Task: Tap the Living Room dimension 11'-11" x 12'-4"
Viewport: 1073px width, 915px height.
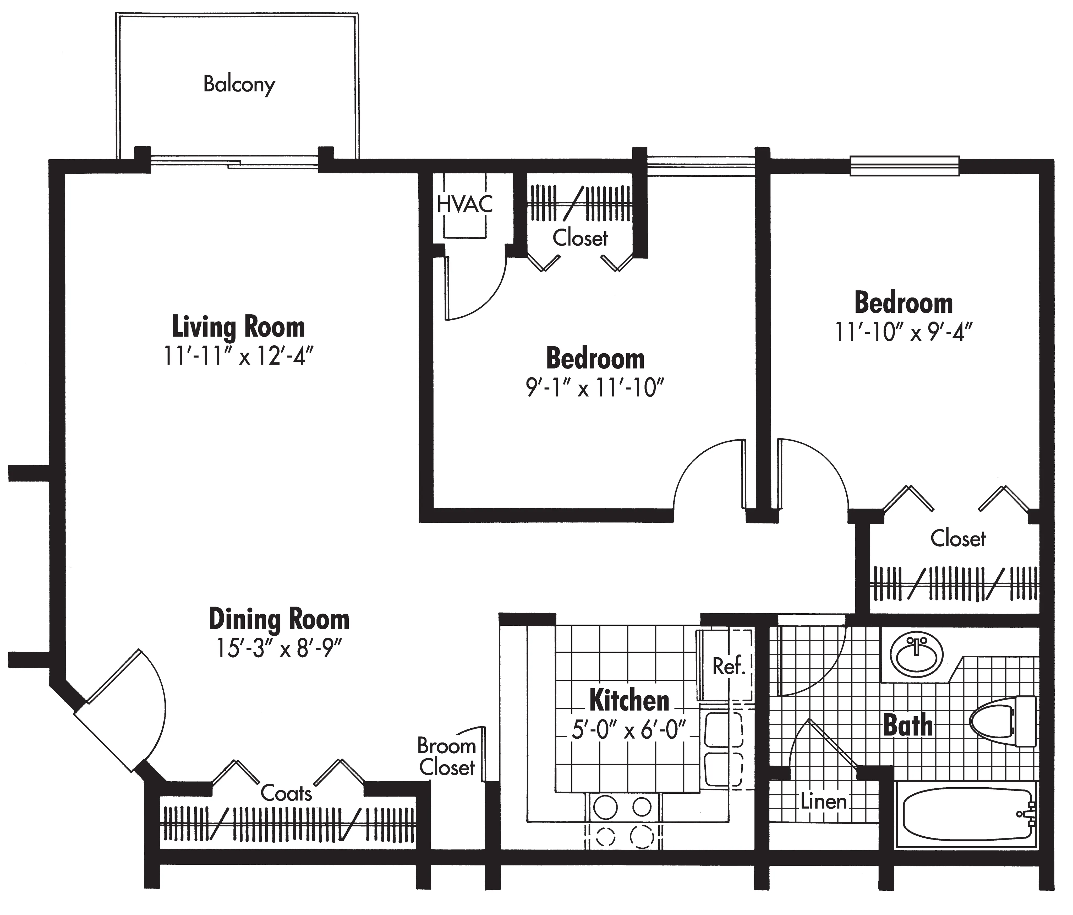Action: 238,356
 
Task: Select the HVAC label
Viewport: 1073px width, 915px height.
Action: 464,204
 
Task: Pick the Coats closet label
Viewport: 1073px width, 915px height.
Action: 286,793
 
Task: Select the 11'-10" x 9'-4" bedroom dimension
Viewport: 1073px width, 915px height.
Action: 904,332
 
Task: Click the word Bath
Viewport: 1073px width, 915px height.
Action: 907,725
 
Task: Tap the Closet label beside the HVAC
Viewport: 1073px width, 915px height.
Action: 580,238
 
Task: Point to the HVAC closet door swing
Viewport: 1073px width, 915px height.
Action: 477,290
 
